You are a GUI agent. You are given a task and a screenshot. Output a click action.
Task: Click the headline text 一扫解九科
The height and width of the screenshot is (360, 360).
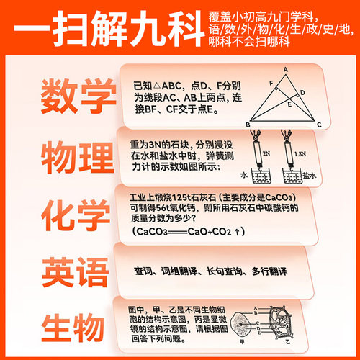(101, 30)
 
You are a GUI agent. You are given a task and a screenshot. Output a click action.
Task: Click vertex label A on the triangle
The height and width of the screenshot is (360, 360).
(286, 70)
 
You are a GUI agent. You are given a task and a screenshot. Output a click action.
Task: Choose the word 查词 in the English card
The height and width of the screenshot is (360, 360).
(144, 271)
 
